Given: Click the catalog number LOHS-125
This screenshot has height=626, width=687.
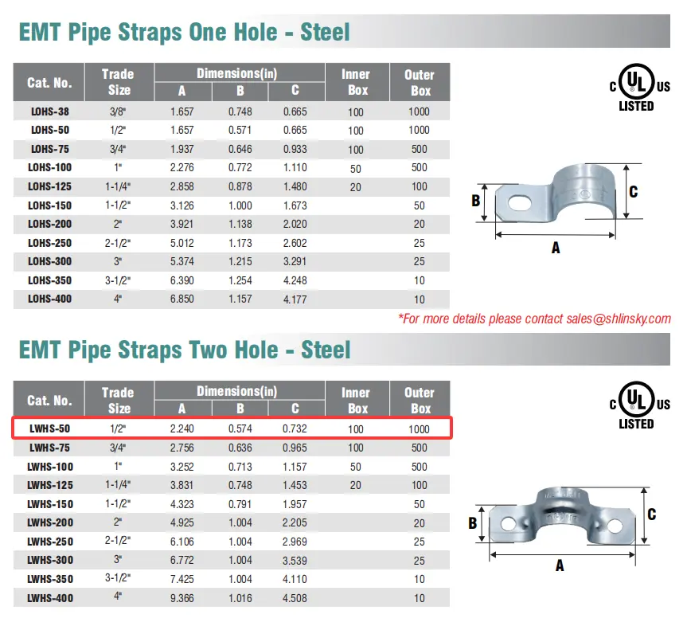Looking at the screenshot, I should [50, 186].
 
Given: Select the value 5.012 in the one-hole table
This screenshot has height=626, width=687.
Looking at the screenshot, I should [182, 243].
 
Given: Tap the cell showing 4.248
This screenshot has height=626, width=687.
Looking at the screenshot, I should [295, 280].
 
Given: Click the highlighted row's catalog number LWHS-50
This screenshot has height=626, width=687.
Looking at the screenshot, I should [49, 429].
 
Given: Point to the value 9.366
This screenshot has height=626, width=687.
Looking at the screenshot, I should [182, 597].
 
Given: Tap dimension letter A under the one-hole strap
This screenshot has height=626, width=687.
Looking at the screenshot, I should [556, 248].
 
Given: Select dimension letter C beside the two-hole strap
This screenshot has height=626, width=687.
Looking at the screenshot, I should [652, 514].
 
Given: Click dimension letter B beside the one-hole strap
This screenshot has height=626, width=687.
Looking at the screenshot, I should [476, 201].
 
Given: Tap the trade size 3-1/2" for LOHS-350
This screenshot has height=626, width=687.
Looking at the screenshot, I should [118, 280].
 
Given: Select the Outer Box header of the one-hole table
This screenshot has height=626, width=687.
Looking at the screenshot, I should [420, 83].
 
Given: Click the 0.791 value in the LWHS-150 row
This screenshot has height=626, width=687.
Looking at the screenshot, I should [239, 504].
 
